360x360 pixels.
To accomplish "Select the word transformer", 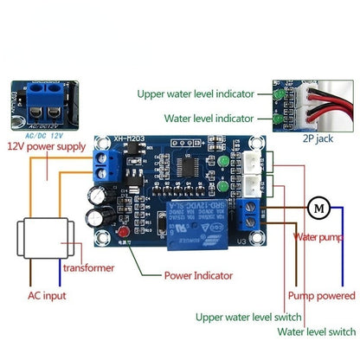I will click(x=88, y=268).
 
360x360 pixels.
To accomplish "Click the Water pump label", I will click(x=322, y=236).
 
